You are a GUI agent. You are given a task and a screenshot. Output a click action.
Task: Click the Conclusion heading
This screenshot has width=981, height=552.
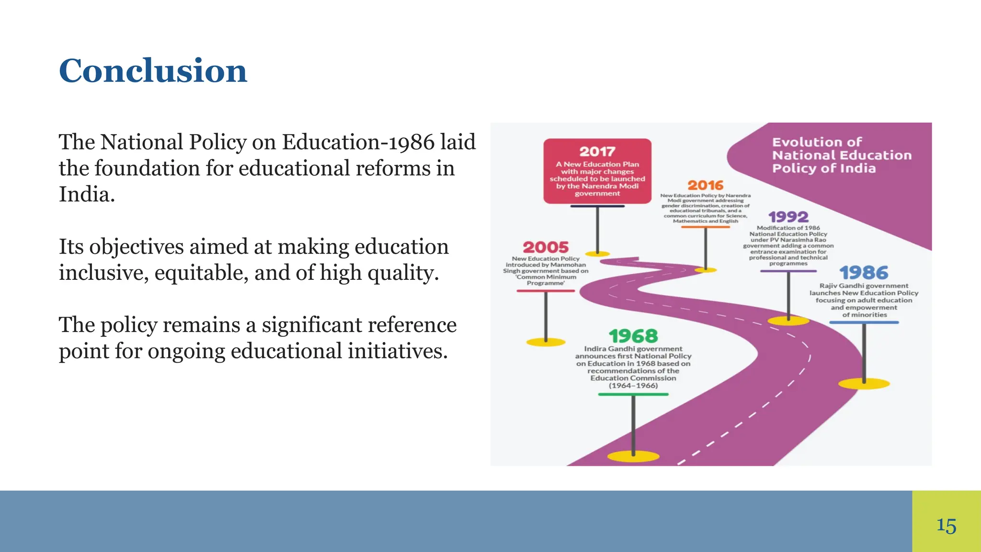click(x=153, y=71)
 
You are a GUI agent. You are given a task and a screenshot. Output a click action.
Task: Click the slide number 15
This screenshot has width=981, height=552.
click(x=946, y=526)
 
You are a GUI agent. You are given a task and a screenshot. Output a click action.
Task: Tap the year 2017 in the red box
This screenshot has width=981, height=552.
click(x=597, y=152)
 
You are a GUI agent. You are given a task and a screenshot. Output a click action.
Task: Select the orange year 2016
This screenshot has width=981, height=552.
click(x=705, y=185)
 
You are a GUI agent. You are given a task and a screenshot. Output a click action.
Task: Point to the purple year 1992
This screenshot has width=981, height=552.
click(x=788, y=217)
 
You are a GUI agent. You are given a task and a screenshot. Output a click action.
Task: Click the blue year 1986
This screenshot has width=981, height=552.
click(x=864, y=273)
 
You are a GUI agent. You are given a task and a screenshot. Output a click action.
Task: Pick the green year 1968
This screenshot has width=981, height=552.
click(x=633, y=336)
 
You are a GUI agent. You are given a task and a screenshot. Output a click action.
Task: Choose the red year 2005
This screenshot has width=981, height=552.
click(x=546, y=247)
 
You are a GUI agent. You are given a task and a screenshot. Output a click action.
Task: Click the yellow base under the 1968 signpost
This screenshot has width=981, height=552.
click(x=633, y=456)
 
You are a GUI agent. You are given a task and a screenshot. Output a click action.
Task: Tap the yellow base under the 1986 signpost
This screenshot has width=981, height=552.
click(x=864, y=384)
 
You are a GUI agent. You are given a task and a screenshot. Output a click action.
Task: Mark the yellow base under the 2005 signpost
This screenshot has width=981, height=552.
click(x=546, y=342)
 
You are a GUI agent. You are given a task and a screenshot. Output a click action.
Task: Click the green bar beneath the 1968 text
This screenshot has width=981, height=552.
click(x=633, y=394)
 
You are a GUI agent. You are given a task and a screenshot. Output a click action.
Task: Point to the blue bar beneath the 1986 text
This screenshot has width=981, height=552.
click(x=864, y=322)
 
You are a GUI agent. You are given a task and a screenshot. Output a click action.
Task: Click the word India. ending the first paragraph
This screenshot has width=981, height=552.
click(x=87, y=195)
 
